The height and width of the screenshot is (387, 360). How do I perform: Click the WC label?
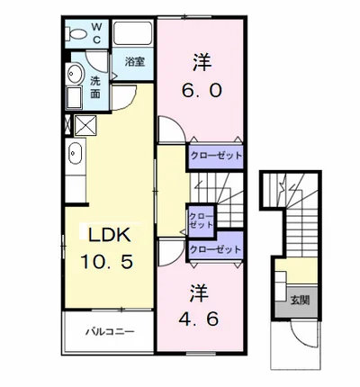[x=98, y=33]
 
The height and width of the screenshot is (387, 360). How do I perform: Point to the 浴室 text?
[x=135, y=62]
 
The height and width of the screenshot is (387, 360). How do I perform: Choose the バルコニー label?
[x=110, y=332]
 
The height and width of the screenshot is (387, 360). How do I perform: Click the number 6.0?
[x=202, y=90]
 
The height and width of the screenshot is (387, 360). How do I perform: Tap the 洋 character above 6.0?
[x=202, y=62]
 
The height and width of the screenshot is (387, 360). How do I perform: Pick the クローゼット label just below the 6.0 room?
[x=215, y=154]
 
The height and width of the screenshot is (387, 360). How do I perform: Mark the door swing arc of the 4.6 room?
[x=172, y=253]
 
